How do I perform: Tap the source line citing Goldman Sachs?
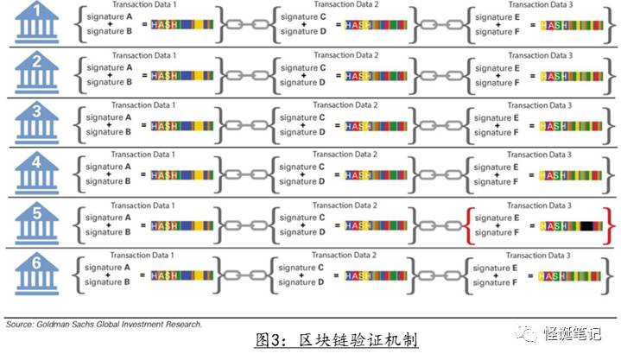[104, 324]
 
